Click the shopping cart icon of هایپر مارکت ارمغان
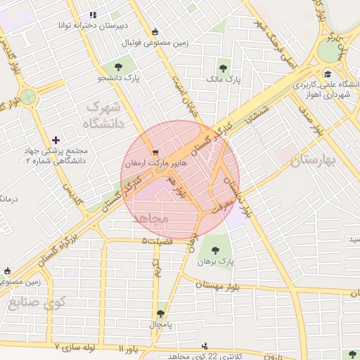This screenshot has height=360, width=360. [155, 151]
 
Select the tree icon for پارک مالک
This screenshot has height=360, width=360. [223, 68]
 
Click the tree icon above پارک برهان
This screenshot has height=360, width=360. [215, 249]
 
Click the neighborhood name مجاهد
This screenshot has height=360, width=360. [150, 219]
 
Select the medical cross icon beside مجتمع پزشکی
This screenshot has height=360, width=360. [56, 141]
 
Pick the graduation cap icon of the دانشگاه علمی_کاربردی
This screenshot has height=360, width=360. [327, 74]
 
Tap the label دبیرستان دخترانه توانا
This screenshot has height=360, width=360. [93, 25]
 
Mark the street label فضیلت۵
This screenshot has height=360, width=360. [155, 241]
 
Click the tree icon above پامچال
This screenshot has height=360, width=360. [161, 314]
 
